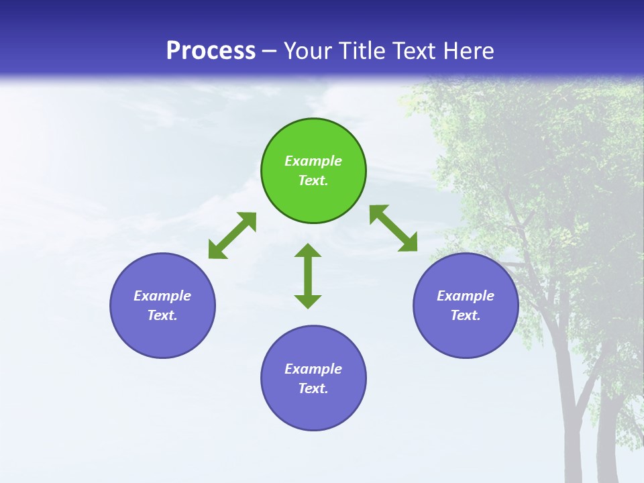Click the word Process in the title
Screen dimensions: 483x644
tap(211, 51)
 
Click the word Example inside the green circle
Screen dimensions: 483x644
tap(313, 161)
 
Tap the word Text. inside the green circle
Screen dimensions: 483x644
tap(313, 180)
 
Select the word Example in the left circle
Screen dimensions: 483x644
tap(162, 296)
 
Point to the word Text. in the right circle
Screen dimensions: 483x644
tap(466, 315)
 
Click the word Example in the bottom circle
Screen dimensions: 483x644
tap(313, 369)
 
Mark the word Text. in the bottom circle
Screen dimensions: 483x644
tap(313, 388)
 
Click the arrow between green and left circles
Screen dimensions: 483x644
tap(232, 235)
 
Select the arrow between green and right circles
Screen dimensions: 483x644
tap(393, 228)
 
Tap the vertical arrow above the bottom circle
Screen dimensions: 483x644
tap(308, 276)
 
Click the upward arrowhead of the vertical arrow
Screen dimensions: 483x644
tap(308, 251)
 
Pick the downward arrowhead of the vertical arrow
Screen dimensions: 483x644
tap(308, 301)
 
